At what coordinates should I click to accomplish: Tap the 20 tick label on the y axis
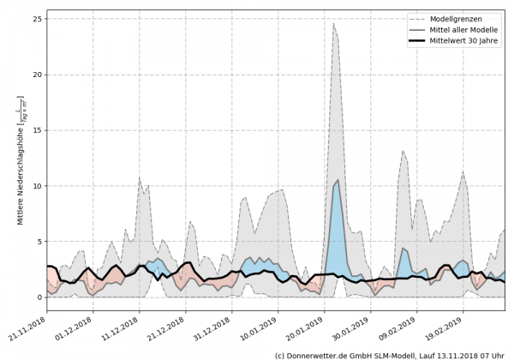[x=35, y=75]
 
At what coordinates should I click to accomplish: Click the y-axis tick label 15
[x=35, y=130]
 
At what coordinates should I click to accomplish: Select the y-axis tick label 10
[x=35, y=186]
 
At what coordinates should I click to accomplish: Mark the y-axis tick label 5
[x=38, y=242]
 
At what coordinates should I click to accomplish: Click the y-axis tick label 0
[x=38, y=297]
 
